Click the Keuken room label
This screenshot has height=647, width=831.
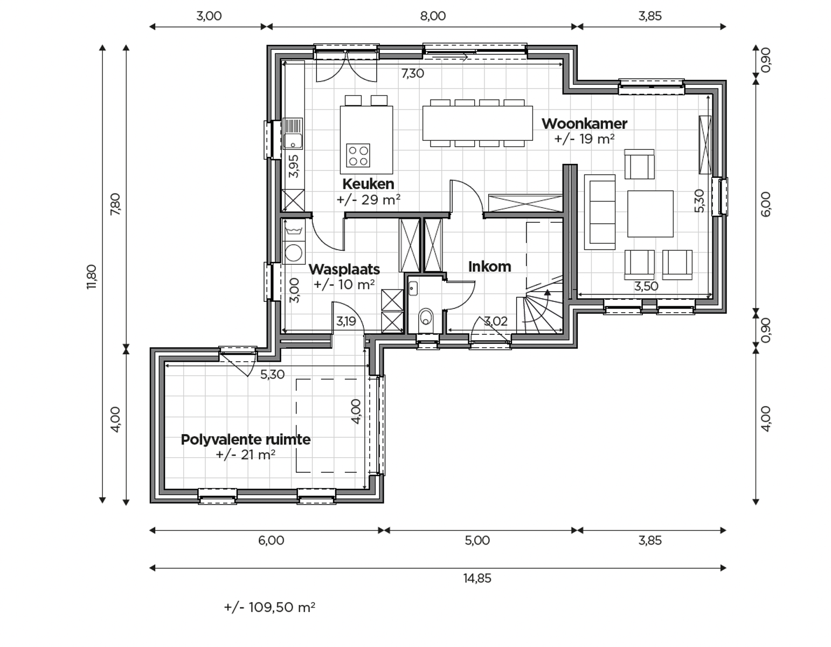368,184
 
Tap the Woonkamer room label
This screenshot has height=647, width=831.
584,123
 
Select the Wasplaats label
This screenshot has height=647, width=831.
344,269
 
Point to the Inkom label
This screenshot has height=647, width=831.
489,266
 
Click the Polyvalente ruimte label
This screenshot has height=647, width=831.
246,439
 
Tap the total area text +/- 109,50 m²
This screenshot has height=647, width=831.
269,608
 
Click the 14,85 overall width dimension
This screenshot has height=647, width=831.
477,579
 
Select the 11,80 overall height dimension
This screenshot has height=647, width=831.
92,277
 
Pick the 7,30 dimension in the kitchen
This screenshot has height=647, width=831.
412,73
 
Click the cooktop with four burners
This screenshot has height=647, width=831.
358,156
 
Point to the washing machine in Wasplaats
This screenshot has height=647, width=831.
294,252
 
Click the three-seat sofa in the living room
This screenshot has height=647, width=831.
600,212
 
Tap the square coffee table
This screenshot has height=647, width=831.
650,214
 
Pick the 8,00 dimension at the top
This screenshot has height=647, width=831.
433,16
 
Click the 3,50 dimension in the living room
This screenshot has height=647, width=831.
646,286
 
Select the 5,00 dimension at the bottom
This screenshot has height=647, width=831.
477,541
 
